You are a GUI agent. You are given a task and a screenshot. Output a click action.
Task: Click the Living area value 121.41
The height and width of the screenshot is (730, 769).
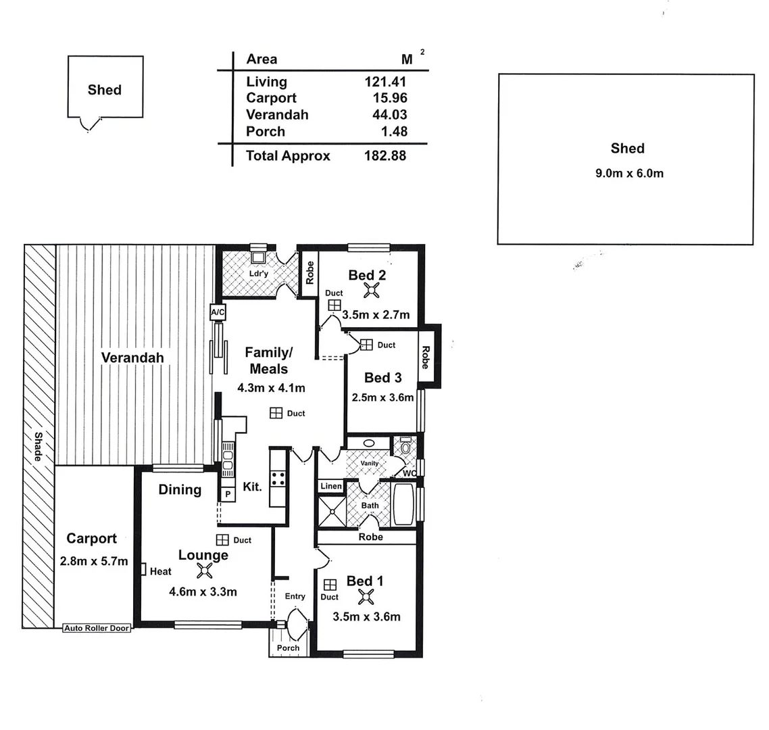[x=385, y=82]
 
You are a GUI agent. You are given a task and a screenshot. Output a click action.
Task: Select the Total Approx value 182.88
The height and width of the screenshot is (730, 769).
[x=385, y=155]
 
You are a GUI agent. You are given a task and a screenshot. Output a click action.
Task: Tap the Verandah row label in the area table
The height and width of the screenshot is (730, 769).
[x=277, y=115]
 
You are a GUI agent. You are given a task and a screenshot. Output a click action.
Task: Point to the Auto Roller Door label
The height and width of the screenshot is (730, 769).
[x=97, y=628]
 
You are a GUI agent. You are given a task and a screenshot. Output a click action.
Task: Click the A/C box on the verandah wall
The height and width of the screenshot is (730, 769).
[x=218, y=312]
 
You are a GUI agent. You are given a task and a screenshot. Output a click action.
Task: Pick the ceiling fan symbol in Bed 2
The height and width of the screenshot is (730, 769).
[x=371, y=290]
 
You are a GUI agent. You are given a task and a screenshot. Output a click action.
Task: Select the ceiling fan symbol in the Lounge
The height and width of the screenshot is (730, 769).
[x=203, y=571]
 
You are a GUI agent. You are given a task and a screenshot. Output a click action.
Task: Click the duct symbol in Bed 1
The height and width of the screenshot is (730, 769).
[x=330, y=585]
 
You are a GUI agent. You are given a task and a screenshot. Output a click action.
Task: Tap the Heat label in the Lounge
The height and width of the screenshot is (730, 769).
[x=160, y=571]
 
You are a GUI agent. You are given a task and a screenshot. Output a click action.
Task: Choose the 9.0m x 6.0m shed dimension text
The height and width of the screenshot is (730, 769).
[x=628, y=173]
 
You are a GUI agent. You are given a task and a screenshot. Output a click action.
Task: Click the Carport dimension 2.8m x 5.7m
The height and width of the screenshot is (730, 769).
[x=93, y=561]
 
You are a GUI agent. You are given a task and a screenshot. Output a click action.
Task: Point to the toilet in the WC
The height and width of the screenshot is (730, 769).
[x=405, y=447]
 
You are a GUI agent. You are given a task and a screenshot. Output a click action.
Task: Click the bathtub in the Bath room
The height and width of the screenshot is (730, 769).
[x=403, y=503]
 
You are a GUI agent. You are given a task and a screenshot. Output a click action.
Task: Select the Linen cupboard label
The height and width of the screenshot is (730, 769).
[x=331, y=486]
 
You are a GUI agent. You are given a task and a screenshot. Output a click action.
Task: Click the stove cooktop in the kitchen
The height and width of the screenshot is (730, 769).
[x=278, y=479]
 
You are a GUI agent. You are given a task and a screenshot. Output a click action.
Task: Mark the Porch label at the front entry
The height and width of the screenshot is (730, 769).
[x=288, y=648]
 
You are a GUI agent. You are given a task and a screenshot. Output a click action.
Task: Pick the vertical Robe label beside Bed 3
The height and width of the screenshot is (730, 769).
[x=426, y=357]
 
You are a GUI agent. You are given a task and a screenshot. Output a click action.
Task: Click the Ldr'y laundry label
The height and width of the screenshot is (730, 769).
[x=259, y=273]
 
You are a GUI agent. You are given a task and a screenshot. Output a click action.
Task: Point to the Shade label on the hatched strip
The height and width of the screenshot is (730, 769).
[x=39, y=447]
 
